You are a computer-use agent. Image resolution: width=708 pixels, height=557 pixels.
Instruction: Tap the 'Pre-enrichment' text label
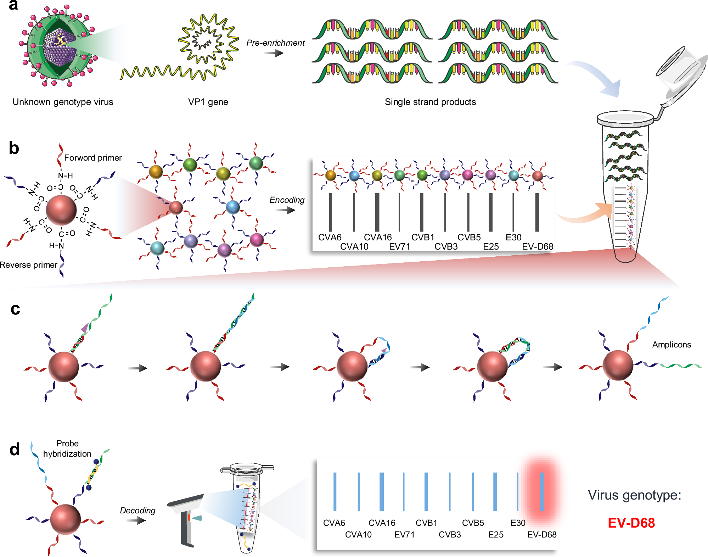(x=275, y=43)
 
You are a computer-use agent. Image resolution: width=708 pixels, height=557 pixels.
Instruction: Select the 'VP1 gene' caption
(x=208, y=102)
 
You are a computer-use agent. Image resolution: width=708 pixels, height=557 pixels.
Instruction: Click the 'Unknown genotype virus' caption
(x=63, y=102)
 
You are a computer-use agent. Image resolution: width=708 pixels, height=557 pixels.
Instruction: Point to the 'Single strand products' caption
(x=430, y=102)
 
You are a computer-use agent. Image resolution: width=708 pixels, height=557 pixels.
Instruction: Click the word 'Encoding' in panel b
(x=287, y=200)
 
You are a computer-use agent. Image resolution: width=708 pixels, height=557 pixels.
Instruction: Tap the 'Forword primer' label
(x=93, y=158)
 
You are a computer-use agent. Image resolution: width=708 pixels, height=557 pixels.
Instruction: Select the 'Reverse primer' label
(x=28, y=265)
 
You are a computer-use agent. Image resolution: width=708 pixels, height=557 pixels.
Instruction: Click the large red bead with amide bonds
(x=61, y=210)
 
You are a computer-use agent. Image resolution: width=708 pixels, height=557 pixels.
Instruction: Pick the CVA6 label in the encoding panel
(x=330, y=237)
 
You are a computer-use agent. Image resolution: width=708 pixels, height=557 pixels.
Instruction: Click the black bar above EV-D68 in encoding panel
(x=537, y=212)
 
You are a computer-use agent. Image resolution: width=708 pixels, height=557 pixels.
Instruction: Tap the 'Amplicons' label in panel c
(x=672, y=345)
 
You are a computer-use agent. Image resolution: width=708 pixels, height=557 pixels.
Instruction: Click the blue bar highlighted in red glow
(x=541, y=491)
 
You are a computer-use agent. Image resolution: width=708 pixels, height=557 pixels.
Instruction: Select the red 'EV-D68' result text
(x=631, y=523)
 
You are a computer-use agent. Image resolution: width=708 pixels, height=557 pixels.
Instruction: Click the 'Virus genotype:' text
(x=634, y=495)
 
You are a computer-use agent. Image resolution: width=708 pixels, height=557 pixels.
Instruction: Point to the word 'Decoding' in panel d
(x=137, y=511)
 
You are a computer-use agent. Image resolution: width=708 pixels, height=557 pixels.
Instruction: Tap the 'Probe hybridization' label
(x=67, y=449)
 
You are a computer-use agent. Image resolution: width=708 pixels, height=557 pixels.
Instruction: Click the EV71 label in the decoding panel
(x=404, y=535)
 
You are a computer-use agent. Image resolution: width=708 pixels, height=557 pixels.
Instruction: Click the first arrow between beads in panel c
(x=137, y=368)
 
